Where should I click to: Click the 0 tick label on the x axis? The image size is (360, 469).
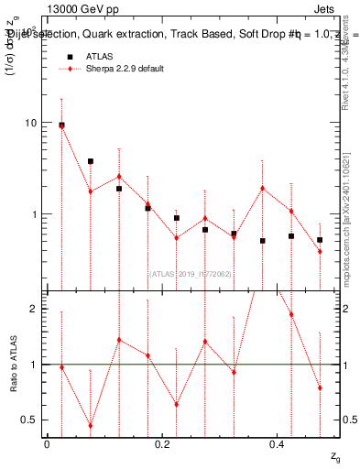point(47,443)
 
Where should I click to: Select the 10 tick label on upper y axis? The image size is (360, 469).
point(30,123)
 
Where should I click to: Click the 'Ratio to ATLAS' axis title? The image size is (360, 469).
point(13,365)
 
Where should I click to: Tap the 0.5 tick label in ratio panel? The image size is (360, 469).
point(28,420)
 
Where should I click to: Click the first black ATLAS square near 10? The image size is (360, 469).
point(61,125)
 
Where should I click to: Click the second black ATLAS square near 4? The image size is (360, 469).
point(91,161)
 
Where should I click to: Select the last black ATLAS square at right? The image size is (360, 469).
point(320,240)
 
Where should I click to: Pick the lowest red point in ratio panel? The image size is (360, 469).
point(91,425)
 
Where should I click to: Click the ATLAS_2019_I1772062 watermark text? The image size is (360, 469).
point(190,274)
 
